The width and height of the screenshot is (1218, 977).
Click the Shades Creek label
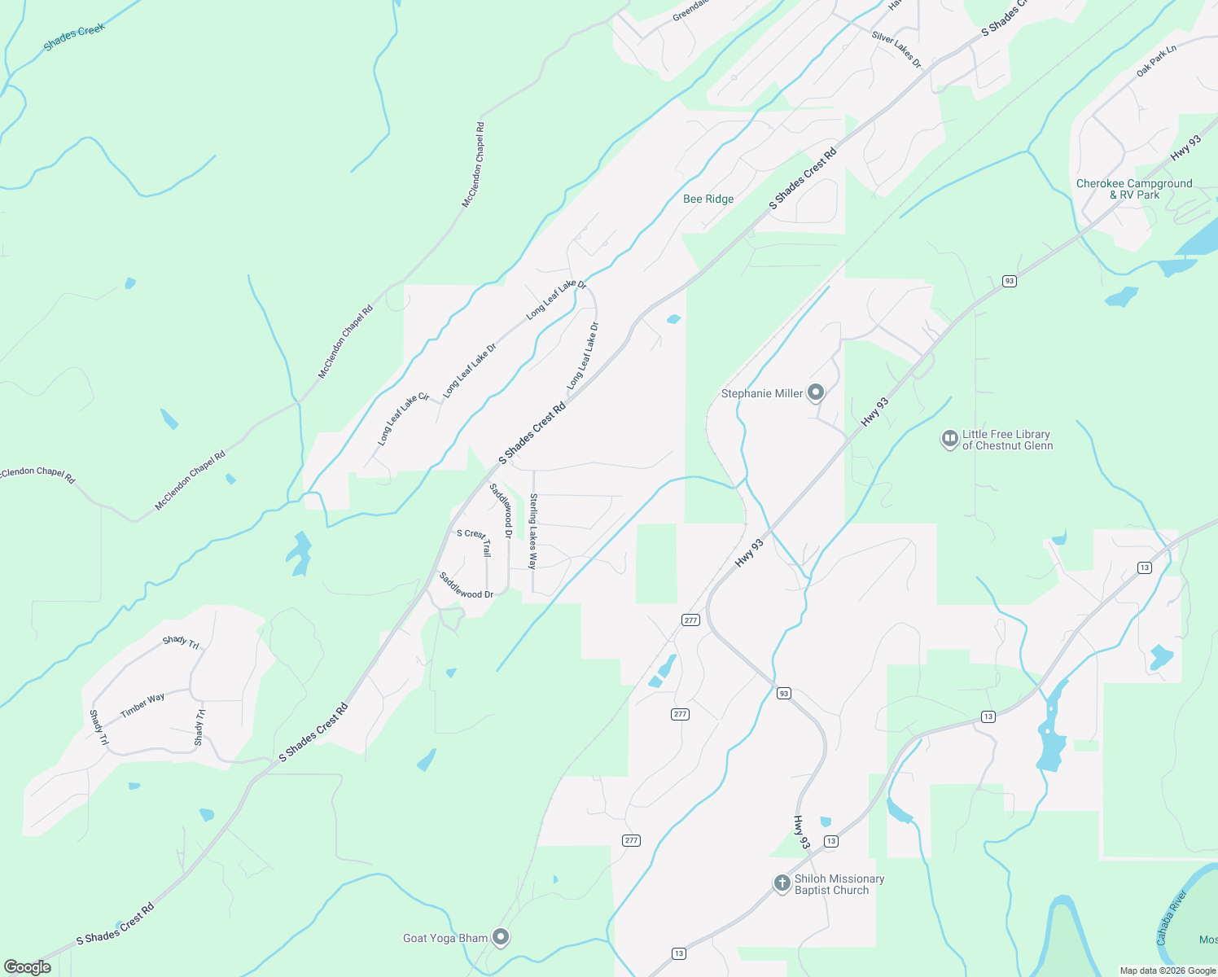point(74,37)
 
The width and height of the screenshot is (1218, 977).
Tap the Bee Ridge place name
point(708,199)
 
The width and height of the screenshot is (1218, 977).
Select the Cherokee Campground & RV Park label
point(1134,189)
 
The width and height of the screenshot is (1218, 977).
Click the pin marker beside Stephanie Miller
point(815,392)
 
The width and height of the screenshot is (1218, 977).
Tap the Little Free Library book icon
point(949,439)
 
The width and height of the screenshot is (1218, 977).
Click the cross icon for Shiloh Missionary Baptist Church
point(782,883)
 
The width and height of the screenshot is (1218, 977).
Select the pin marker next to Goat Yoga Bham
point(502,938)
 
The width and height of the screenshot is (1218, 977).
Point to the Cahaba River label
point(1172,918)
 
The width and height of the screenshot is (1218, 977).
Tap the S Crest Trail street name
point(475,540)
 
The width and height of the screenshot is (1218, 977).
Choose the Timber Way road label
point(142,705)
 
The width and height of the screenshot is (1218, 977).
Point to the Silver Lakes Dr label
point(896,49)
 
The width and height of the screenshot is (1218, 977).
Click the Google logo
point(28,967)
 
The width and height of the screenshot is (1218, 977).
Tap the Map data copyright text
point(1168,970)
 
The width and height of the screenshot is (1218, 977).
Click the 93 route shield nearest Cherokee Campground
point(1010,282)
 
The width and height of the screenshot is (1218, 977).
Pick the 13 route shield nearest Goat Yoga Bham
point(679,953)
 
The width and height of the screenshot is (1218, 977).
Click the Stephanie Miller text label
point(762,394)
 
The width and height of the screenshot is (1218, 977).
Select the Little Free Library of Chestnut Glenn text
point(1007,440)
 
